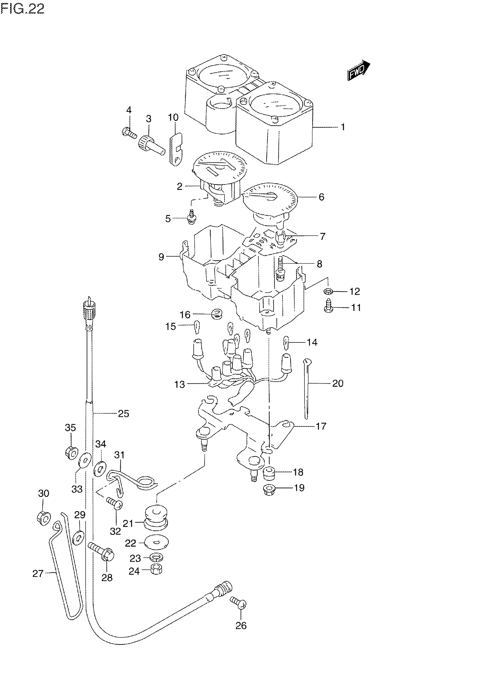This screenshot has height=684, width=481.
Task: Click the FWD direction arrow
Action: coord(358,71)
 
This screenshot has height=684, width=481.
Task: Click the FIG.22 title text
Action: coord(22,9)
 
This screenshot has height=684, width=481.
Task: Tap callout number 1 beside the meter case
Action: coord(343,127)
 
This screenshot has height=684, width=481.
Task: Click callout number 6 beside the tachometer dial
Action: coord(321,197)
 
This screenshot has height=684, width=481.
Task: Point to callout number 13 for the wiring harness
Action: coord(179,384)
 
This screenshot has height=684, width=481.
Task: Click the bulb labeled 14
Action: coord(286,342)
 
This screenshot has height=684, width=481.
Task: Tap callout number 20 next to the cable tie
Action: coord(338,383)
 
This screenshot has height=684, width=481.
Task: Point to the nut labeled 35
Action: coord(71,453)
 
